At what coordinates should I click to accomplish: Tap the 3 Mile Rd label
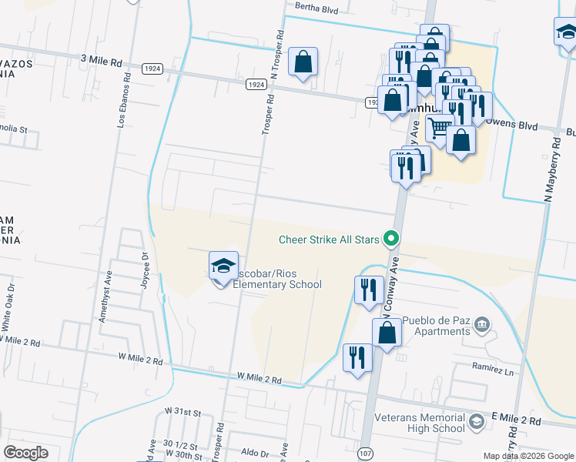click(101, 59)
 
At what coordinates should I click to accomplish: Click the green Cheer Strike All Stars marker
click(391, 239)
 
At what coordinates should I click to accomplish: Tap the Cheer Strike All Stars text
click(329, 239)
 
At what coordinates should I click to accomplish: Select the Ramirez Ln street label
click(492, 370)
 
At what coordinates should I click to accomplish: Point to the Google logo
click(25, 453)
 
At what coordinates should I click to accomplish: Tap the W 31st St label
click(186, 413)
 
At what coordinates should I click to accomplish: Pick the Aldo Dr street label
click(255, 454)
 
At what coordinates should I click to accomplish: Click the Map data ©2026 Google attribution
click(527, 456)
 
